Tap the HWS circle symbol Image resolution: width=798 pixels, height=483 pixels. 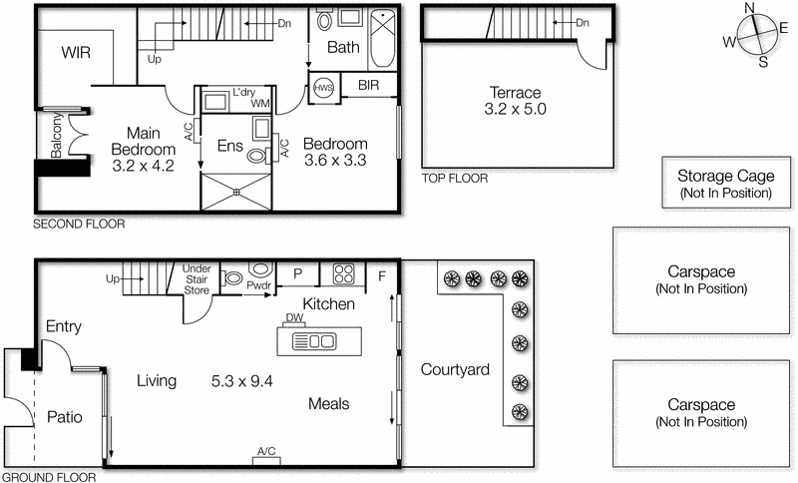click(324, 87)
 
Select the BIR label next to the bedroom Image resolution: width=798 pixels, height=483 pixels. click(368, 86)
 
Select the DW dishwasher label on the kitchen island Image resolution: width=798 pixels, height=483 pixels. click(293, 318)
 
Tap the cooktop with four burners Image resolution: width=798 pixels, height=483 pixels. click(344, 273)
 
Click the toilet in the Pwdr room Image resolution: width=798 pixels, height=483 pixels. click(260, 271)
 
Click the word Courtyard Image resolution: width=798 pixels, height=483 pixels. click(455, 369)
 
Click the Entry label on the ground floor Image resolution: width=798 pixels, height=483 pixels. click(63, 326)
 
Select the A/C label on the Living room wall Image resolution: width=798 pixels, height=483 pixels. click(266, 452)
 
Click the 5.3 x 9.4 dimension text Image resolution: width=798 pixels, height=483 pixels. click(242, 380)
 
